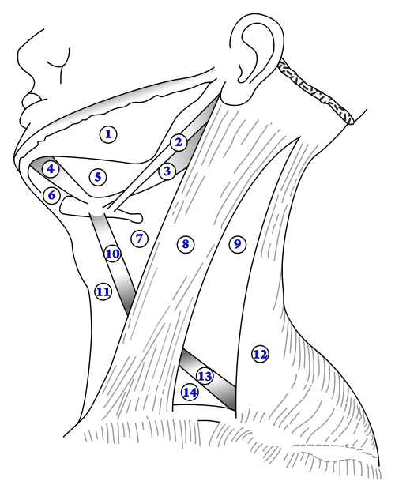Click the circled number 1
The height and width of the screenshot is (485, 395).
pyautogui.click(x=108, y=134)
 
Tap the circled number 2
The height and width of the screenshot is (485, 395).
pyautogui.click(x=179, y=143)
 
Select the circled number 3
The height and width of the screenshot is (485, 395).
pyautogui.click(x=167, y=171)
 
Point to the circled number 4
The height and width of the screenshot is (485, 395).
pyautogui.click(x=51, y=169)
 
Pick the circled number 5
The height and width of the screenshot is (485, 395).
pyautogui.click(x=98, y=177)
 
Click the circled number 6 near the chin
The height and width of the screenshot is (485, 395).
pyautogui.click(x=51, y=196)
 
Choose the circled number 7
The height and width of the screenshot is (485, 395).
pyautogui.click(x=139, y=239)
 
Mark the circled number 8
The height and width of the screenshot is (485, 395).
pyautogui.click(x=186, y=244)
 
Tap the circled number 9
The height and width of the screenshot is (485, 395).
pyautogui.click(x=237, y=244)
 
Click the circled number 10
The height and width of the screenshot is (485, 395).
pyautogui.click(x=113, y=254)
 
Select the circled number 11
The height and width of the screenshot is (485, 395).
pyautogui.click(x=103, y=291)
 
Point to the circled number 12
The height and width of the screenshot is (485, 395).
pyautogui.click(x=260, y=355)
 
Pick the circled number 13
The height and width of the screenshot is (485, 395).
pyautogui.click(x=205, y=377)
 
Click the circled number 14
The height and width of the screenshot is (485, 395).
pyautogui.click(x=190, y=393)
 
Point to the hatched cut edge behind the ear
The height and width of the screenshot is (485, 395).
pyautogui.click(x=315, y=92)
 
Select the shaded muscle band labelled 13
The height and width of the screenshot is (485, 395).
pyautogui.click(x=208, y=378)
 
